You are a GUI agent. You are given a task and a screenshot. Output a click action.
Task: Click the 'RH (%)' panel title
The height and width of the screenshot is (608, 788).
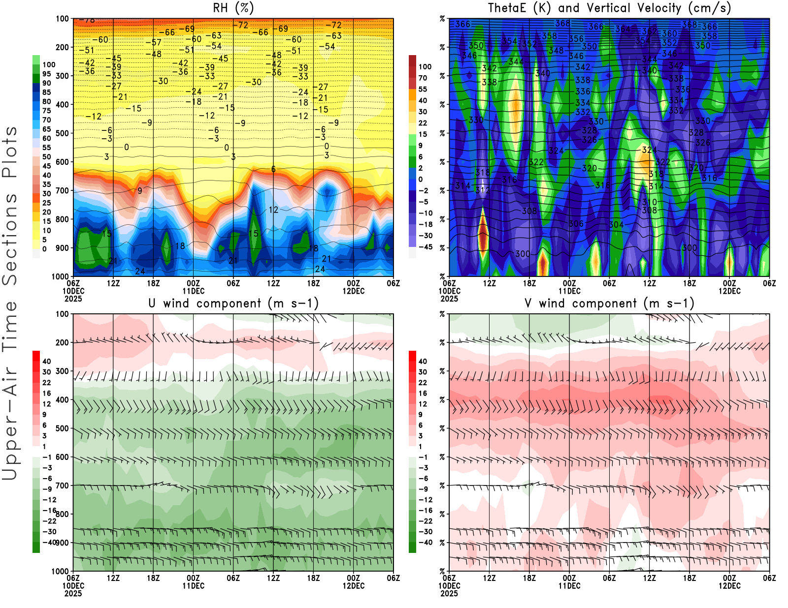click(233, 8)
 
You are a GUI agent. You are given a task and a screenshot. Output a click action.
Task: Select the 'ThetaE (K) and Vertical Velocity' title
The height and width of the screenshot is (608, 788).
click(609, 8)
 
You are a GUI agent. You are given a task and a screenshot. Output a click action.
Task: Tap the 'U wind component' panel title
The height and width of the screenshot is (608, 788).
click(233, 303)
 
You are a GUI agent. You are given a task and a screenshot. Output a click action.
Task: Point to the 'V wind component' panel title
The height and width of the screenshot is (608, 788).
click(609, 303)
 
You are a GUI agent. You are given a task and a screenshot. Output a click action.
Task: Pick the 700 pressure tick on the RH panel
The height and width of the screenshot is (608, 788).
click(62, 190)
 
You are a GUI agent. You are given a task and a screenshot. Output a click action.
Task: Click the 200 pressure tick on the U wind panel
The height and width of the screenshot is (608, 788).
click(62, 342)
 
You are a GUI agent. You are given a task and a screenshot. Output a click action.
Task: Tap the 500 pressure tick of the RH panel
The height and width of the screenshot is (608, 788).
click(62, 133)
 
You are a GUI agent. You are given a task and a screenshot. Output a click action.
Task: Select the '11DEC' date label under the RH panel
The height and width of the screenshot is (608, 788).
click(193, 291)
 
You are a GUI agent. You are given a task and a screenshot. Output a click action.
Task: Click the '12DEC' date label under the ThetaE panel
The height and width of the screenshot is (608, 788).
click(729, 291)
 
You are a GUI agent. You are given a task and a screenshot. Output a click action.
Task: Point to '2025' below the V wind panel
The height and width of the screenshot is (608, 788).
click(449, 593)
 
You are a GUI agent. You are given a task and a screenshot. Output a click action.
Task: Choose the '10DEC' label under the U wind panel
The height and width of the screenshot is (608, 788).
click(73, 586)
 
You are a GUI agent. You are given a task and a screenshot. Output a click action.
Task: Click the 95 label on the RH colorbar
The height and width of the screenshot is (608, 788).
click(46, 74)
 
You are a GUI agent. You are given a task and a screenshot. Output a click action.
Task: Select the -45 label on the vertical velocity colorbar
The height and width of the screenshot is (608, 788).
click(426, 247)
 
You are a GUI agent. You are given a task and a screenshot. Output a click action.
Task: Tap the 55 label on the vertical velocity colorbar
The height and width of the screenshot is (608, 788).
click(423, 89)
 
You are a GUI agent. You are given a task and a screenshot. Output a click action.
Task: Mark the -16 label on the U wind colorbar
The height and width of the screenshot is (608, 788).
click(49, 511)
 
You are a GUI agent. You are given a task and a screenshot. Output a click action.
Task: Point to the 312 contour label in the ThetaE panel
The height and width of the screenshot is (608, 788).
click(482, 189)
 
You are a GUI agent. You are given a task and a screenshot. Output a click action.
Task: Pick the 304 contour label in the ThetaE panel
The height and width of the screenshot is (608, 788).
click(616, 225)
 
